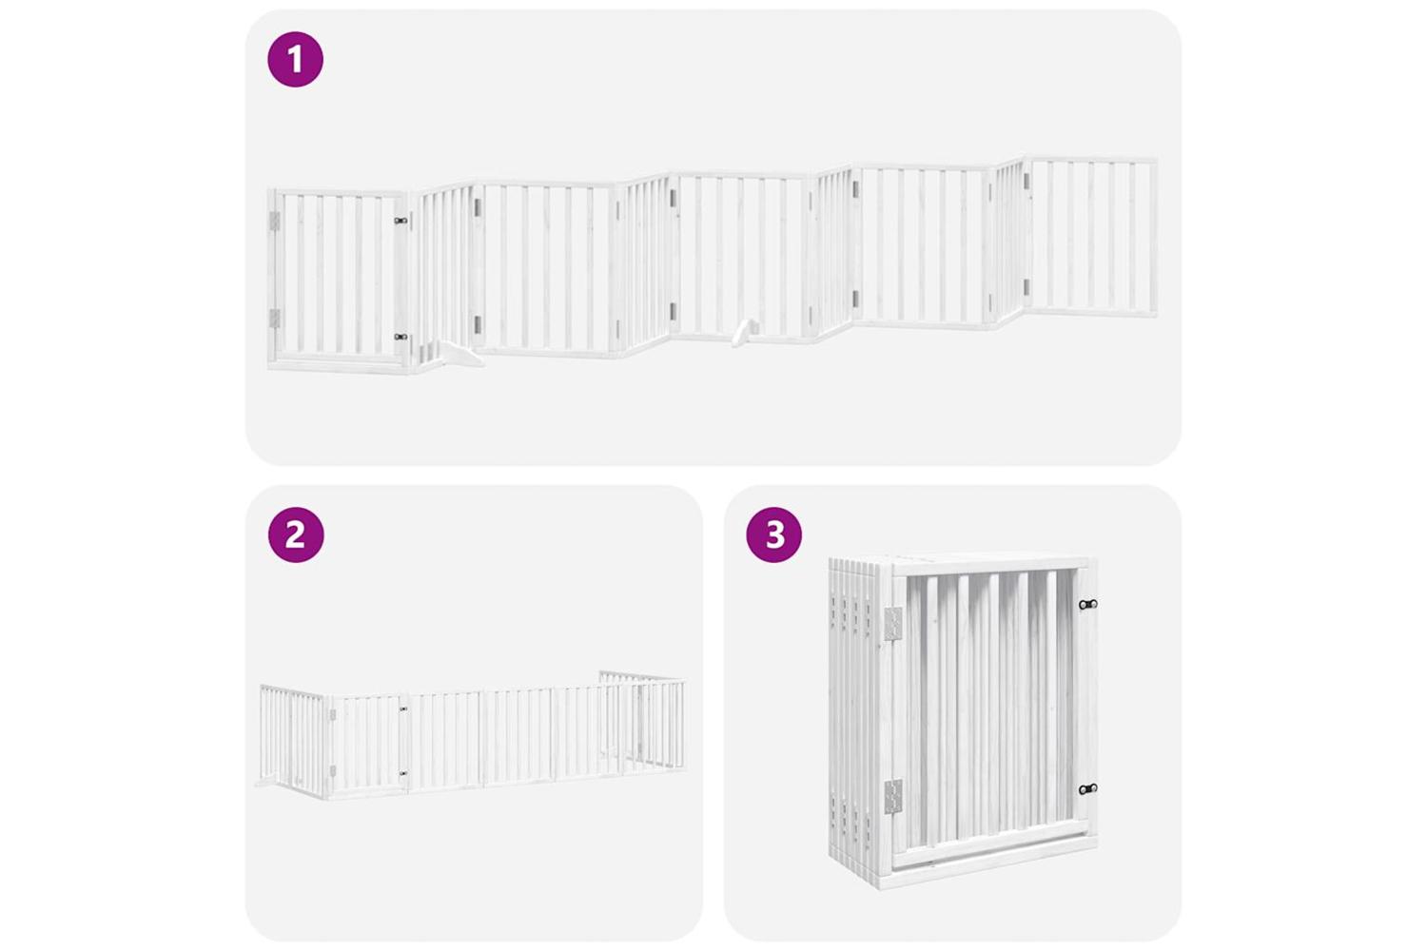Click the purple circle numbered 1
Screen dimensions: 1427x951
point(296,59)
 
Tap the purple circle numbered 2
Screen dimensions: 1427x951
point(296,534)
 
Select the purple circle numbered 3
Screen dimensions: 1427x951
point(774,534)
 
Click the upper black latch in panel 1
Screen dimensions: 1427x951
point(401,221)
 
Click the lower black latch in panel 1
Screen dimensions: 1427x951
point(401,337)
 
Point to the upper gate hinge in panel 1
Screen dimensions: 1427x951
point(275,222)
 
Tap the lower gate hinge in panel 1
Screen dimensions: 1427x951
point(275,319)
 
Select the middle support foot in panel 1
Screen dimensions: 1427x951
point(744,333)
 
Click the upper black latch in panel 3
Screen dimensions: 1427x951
point(1087,604)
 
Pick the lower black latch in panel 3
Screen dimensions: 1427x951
point(1087,789)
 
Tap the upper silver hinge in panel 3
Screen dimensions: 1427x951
point(894,625)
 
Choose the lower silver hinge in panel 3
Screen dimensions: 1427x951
point(893,797)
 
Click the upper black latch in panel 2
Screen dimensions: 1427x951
point(402,708)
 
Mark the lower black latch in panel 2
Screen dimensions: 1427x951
point(402,772)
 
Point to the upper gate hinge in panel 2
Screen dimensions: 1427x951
point(333,715)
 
